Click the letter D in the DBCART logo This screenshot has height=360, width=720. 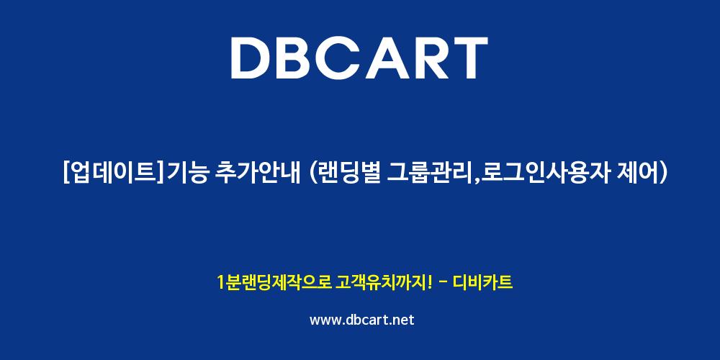tap(252, 58)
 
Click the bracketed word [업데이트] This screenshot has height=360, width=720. tap(114, 174)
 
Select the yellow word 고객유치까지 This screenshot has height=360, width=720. tap(381, 282)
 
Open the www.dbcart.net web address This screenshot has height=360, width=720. tap(362, 320)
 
